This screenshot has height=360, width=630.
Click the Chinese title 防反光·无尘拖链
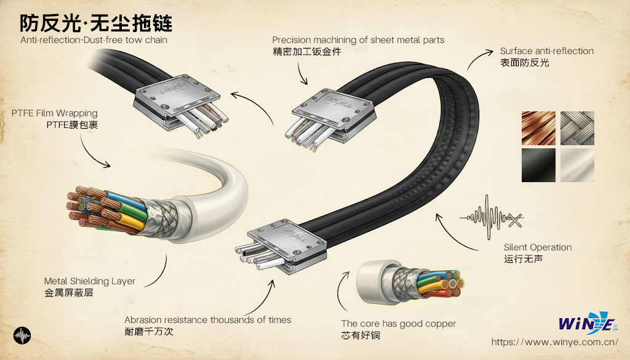[x=96, y=23]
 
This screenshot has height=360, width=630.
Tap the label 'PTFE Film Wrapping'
[x=54, y=113]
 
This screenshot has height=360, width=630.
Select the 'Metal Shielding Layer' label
[x=89, y=281]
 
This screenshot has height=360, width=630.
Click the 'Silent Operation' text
[x=537, y=247]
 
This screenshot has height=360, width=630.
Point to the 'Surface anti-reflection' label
[x=546, y=51]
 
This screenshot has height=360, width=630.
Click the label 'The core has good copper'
[x=398, y=324]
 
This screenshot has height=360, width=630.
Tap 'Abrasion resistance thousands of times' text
[x=207, y=320]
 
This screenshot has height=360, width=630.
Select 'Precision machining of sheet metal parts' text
[x=358, y=40]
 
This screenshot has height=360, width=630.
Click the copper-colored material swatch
[x=538, y=127]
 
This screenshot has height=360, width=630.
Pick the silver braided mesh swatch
[x=577, y=127]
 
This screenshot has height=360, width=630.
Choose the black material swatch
[x=538, y=164]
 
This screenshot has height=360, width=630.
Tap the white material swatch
[x=577, y=164]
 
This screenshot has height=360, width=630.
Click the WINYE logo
[x=586, y=324]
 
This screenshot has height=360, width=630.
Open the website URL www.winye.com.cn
[x=554, y=342]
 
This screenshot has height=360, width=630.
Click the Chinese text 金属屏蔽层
[x=69, y=293]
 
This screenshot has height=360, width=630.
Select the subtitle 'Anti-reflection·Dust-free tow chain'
[x=94, y=40]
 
